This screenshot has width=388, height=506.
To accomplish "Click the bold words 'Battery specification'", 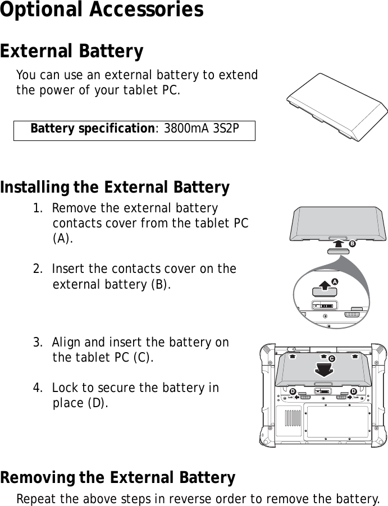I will (93, 129).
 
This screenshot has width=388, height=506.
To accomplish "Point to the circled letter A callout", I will (335, 280).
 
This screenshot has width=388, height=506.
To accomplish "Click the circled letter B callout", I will (352, 245).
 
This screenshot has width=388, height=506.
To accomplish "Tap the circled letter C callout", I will (331, 358).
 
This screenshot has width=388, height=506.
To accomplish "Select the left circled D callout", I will (292, 390).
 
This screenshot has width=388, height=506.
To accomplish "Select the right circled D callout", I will (353, 390).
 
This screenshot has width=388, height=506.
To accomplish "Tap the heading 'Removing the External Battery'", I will (118, 478).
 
